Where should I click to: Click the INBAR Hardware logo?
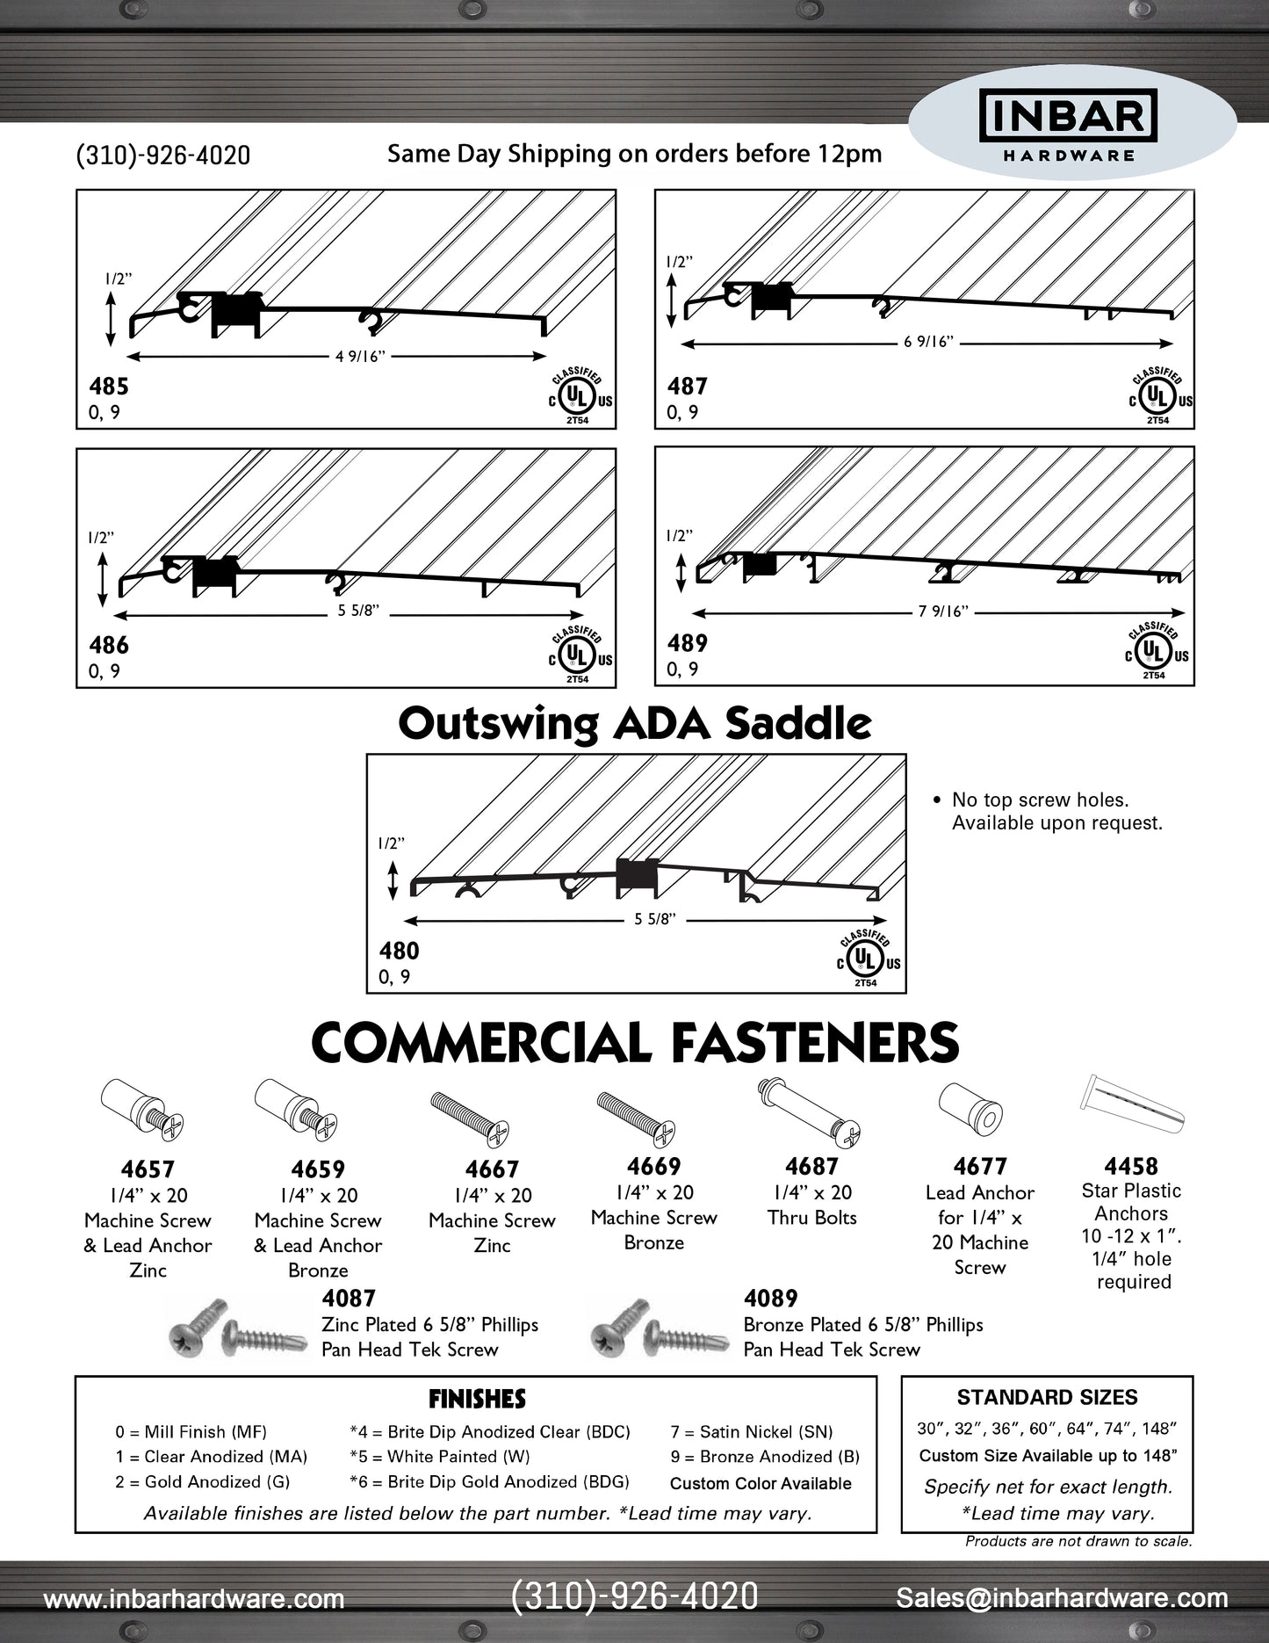pos(1068,127)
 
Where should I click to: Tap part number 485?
pos(109,386)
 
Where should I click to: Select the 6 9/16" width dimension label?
pos(928,342)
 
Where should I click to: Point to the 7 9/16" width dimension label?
pos(943,612)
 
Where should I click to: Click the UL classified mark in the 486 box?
pos(577,655)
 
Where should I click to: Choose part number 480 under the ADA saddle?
pos(399,951)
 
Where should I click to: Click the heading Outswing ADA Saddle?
pos(634,724)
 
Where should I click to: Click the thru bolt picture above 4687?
pos(810,1111)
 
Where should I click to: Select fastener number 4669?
pos(653,1167)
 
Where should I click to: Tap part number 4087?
pos(349,1299)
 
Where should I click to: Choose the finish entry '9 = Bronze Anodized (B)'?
pos(765,1457)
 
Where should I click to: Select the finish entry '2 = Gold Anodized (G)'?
pos(202,1482)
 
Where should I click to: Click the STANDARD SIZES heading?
pos(1047,1398)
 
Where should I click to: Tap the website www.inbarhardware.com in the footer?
pos(194,1599)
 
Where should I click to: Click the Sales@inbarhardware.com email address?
pos(1062,1598)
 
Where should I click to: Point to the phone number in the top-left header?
pos(163,156)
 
